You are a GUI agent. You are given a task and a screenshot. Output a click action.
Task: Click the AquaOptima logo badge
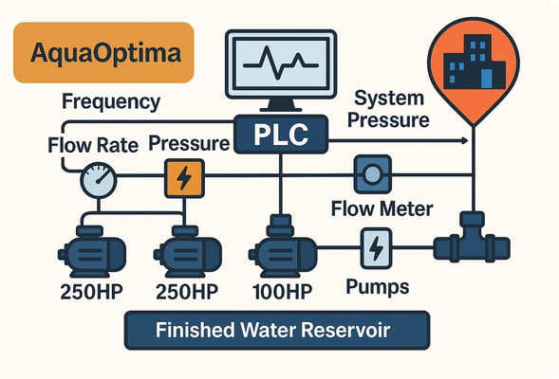[103, 53]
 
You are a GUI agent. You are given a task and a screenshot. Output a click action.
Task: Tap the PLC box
[281, 135]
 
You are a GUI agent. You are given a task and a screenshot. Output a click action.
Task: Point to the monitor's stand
[281, 105]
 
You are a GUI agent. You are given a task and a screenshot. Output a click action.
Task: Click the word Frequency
[111, 102]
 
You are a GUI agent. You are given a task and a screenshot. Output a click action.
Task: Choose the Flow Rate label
[93, 145]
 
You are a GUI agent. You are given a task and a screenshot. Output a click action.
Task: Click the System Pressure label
[388, 109]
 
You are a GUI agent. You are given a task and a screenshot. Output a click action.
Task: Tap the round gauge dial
[99, 180]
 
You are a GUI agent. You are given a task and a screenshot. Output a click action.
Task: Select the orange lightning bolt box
[184, 178]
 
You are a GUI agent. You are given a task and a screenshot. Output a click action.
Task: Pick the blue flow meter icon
[373, 174]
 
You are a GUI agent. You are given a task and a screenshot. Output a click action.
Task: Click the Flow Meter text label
[382, 208]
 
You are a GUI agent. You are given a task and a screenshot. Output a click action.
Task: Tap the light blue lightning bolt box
[376, 248]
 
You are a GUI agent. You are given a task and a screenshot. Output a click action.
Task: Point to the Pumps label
[378, 287]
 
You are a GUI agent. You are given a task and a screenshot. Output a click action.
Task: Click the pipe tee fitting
[472, 238]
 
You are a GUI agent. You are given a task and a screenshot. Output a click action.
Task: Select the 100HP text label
[283, 292]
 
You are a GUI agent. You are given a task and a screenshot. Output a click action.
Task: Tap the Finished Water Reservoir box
[277, 331]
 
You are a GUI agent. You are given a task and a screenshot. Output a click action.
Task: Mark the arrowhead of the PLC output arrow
[464, 140]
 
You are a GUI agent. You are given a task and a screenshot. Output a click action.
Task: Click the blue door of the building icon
[486, 79]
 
